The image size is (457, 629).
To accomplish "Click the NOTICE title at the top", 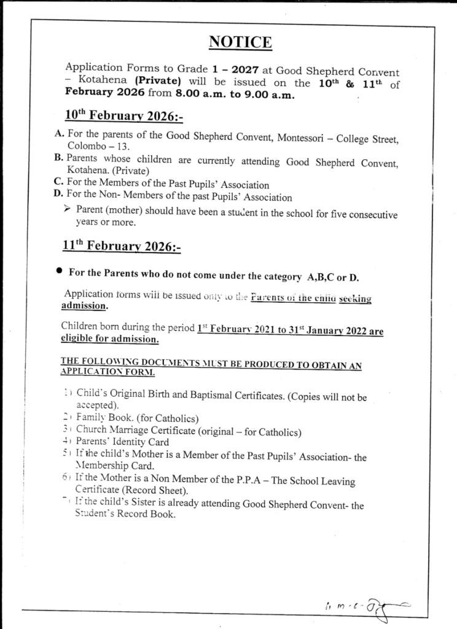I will (x=240, y=42).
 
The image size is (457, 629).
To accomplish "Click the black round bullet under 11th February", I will (x=59, y=270).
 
